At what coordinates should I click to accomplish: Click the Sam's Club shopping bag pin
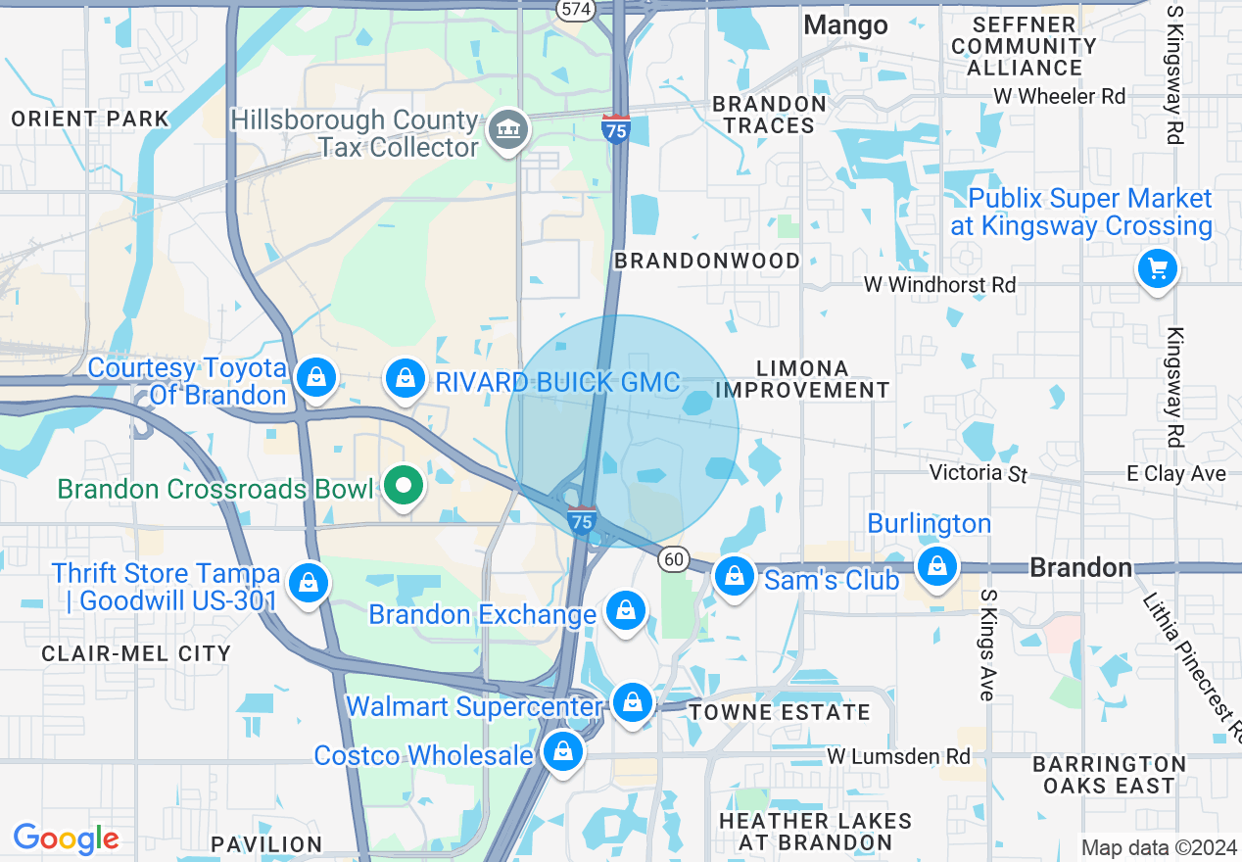click(734, 576)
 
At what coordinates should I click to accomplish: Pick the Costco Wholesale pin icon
click(563, 752)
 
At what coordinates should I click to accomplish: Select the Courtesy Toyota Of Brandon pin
click(316, 377)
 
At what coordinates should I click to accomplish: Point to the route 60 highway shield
click(672, 558)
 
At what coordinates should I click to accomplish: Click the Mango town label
click(845, 25)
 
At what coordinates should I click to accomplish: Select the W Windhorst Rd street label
click(939, 285)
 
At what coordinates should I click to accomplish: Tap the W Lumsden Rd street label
click(898, 756)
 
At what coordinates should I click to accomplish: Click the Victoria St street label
click(978, 474)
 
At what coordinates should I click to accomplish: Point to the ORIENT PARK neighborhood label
click(90, 120)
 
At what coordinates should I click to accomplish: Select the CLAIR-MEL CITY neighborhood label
click(136, 653)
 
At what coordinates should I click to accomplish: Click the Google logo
click(66, 839)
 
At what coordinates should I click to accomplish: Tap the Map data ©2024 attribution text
click(1159, 847)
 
